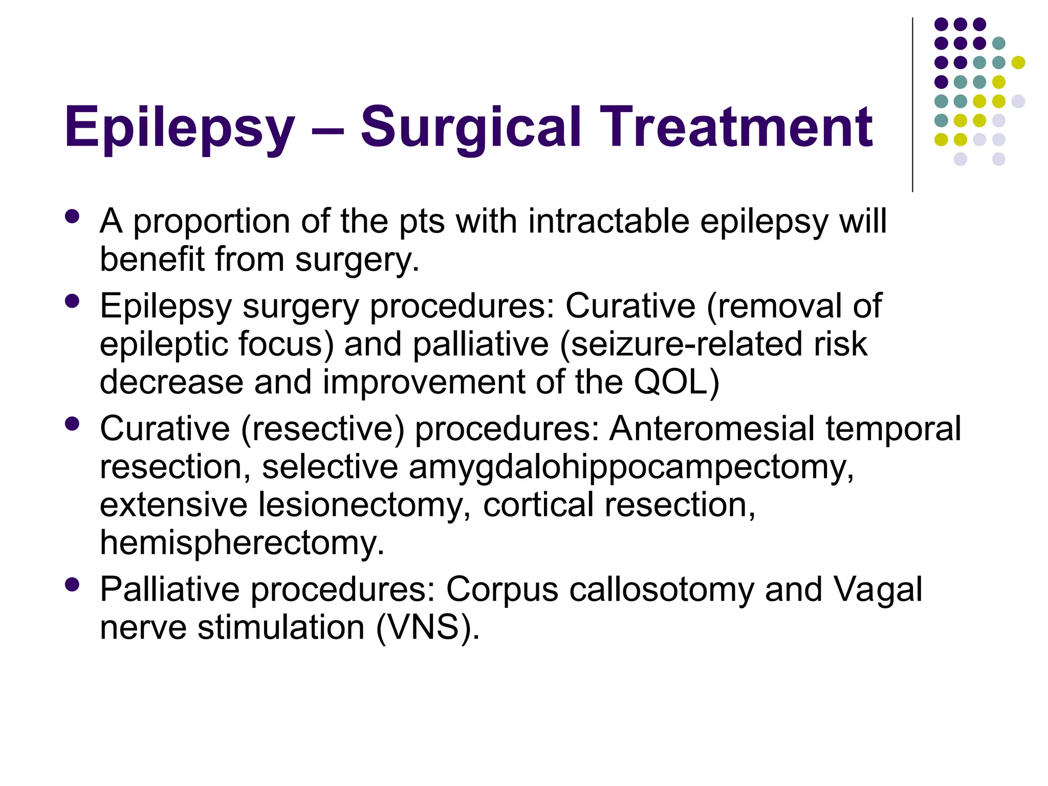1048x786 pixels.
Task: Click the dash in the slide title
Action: coord(327,130)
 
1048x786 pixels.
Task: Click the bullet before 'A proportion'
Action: coord(73,216)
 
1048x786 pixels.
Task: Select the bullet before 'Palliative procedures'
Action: coord(73,584)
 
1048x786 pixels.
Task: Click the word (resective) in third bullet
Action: coord(322,429)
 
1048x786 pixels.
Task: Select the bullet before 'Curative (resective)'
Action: coord(73,424)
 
